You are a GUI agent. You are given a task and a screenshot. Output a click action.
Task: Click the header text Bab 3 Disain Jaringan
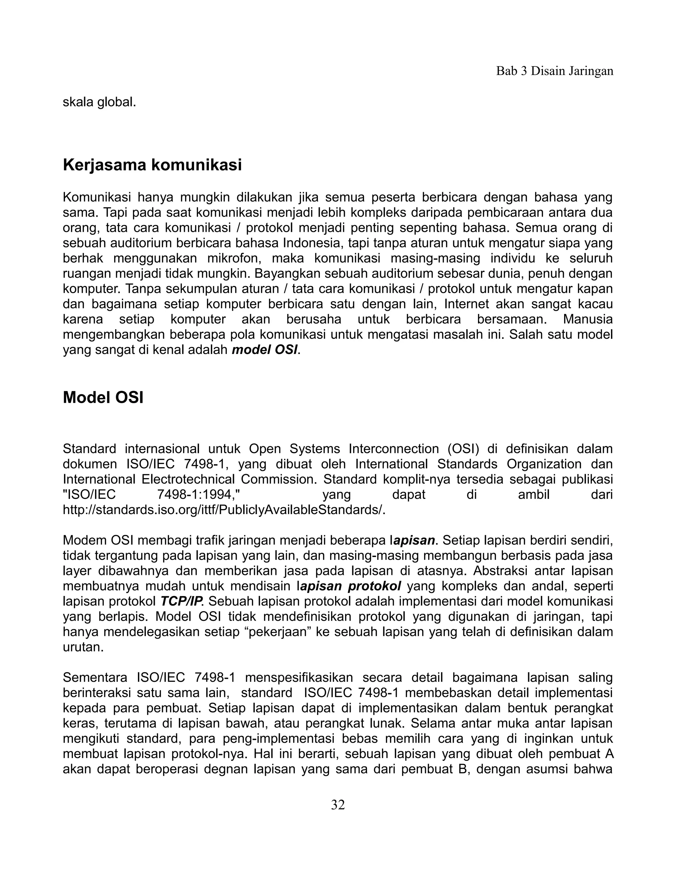pos(554,71)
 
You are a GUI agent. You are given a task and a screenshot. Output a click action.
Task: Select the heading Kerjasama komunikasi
pos(152,165)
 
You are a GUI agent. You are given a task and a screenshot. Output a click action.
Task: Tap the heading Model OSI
pos(103,398)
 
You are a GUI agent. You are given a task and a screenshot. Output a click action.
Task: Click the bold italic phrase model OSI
pos(265,350)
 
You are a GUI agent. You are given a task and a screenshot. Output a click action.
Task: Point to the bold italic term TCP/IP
pos(182,601)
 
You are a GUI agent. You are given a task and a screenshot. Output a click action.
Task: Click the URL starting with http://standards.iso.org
pos(224,510)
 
